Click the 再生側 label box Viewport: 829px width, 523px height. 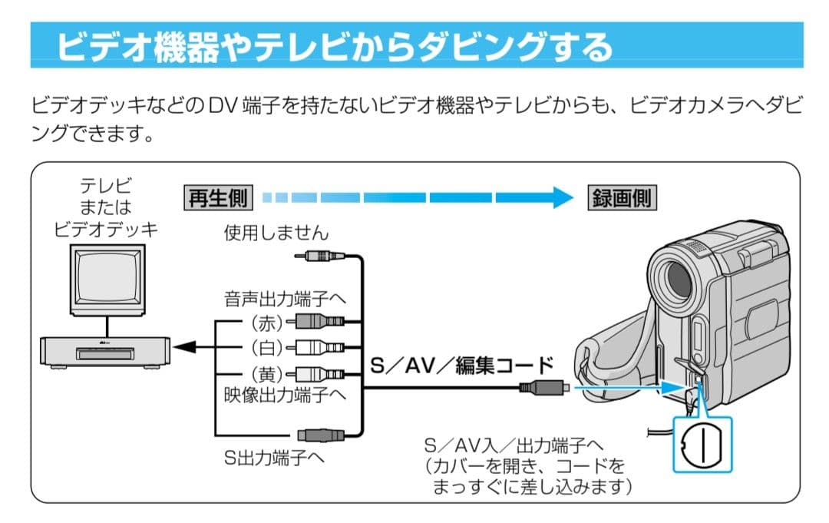pyautogui.click(x=218, y=198)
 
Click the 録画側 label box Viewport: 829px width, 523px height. pyautogui.click(x=621, y=198)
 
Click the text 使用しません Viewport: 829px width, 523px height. pyautogui.click(x=276, y=231)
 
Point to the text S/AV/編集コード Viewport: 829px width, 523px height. pyautogui.click(x=461, y=364)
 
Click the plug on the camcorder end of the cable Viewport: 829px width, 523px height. pyautogui.click(x=543, y=387)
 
